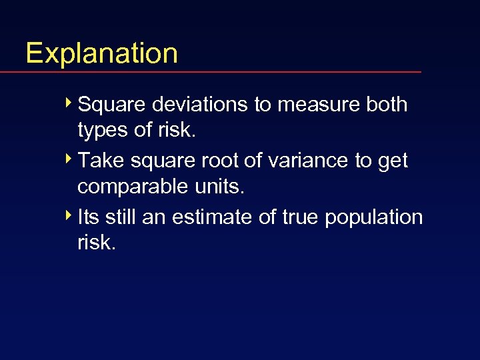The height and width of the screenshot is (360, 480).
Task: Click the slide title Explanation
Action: pyautogui.click(x=101, y=53)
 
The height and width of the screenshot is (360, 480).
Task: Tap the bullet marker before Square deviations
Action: pyautogui.click(x=70, y=104)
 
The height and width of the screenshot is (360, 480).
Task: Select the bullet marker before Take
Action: pyautogui.click(x=70, y=160)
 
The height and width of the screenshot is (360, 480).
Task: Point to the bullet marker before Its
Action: pyautogui.click(x=70, y=217)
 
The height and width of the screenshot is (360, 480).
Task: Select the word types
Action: pyautogui.click(x=103, y=131)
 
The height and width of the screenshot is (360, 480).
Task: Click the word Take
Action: pyautogui.click(x=99, y=161)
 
